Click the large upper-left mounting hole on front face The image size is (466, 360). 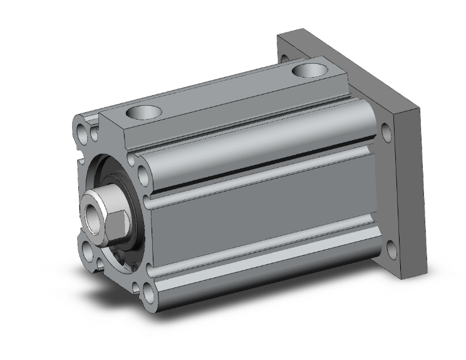click(x=83, y=132)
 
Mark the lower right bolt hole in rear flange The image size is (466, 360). click(x=391, y=250)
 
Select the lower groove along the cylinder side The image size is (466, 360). click(x=263, y=250)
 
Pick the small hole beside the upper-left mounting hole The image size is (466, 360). click(x=95, y=134)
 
